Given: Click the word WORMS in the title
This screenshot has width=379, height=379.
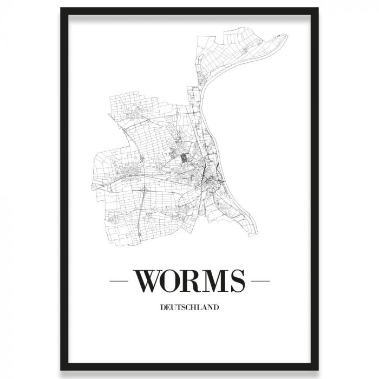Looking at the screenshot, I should tap(189, 280).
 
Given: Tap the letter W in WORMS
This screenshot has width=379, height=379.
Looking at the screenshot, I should tap(148, 280).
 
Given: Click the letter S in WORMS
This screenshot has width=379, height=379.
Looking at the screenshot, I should tap(237, 280).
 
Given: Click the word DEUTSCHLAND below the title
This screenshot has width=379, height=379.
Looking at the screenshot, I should tap(190, 309).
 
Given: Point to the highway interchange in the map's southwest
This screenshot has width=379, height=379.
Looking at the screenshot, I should tap(144, 190).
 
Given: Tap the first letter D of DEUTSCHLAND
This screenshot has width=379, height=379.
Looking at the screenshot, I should tap(163, 309).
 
